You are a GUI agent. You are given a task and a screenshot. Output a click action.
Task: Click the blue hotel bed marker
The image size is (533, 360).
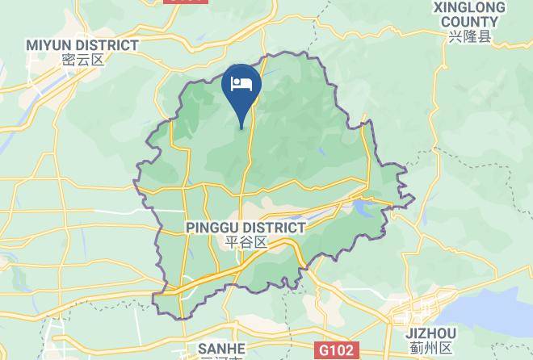[x=241, y=89]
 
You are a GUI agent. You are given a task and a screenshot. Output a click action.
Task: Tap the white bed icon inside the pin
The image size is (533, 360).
[x=241, y=83]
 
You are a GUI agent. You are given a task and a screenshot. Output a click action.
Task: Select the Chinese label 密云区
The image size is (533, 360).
[x=82, y=59]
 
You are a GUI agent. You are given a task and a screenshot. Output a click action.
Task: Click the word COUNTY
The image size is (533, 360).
[x=469, y=23]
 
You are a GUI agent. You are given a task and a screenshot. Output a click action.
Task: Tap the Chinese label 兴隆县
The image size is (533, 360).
[x=469, y=37]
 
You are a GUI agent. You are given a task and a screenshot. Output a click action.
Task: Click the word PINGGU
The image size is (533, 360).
[x=212, y=228]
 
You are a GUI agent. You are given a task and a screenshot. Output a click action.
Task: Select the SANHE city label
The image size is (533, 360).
[x=221, y=348]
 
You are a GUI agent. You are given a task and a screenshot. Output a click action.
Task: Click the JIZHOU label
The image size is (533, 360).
[x=432, y=333]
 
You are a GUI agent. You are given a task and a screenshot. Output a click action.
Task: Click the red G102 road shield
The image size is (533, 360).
[x=334, y=350]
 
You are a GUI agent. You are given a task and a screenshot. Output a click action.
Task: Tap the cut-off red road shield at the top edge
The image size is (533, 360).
[x=185, y=2]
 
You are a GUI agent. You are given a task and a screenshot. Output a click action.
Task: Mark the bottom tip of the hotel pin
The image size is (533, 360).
[x=241, y=127]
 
